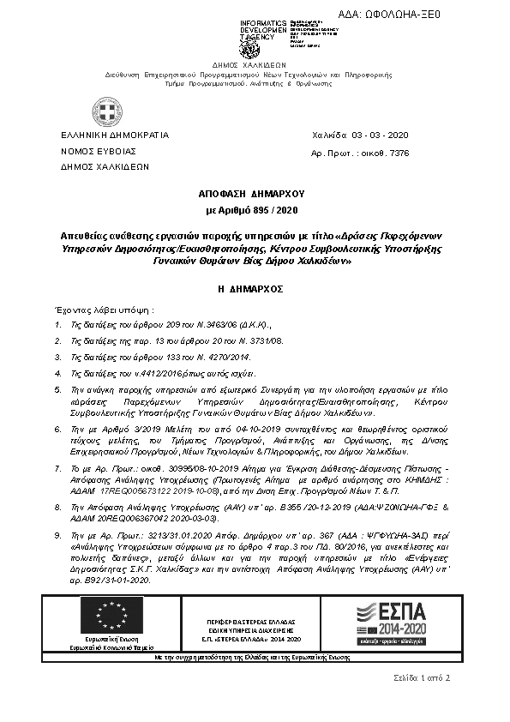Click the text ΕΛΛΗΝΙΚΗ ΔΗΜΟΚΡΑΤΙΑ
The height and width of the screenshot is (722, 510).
[x=115, y=135]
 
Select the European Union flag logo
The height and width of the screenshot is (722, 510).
[x=112, y=615]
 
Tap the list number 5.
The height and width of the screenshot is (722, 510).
[x=57, y=389]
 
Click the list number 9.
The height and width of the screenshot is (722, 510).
[x=57, y=534]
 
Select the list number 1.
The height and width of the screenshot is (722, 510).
[x=57, y=325]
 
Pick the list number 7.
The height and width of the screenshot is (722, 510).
[x=57, y=469]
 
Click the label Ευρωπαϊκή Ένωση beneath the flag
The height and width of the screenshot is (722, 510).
[x=112, y=641]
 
